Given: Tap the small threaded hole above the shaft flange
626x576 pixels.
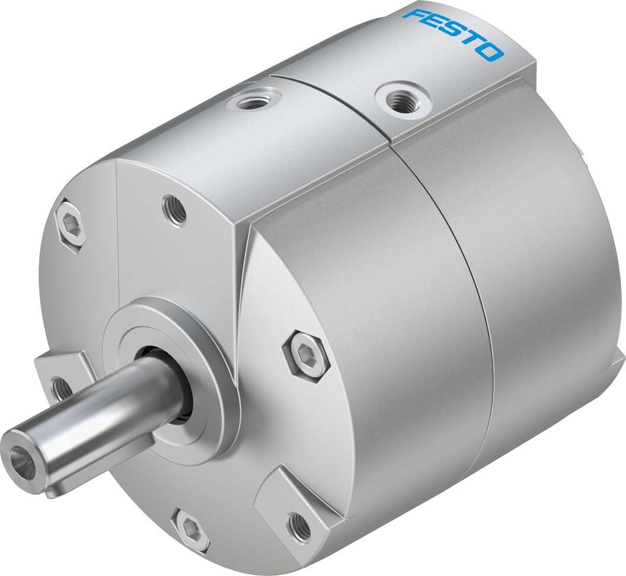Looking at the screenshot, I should tap(174, 210).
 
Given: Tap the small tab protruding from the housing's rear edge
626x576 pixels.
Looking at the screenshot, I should tap(617, 362).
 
